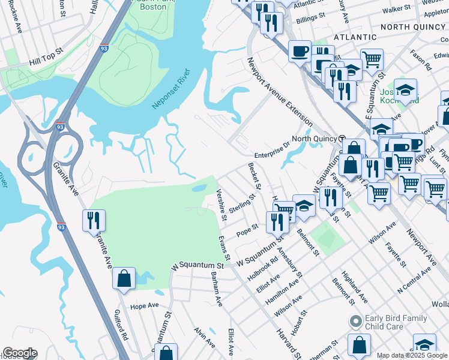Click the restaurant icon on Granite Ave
tap(94, 220)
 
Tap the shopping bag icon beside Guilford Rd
tap(124, 279)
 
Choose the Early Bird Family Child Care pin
tap(355, 322)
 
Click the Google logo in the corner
tap(19, 353)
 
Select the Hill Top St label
tap(46, 62)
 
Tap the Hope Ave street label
tap(144, 305)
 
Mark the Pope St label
tap(247, 230)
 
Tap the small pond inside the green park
tap(199, 189)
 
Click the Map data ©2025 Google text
tap(411, 355)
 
